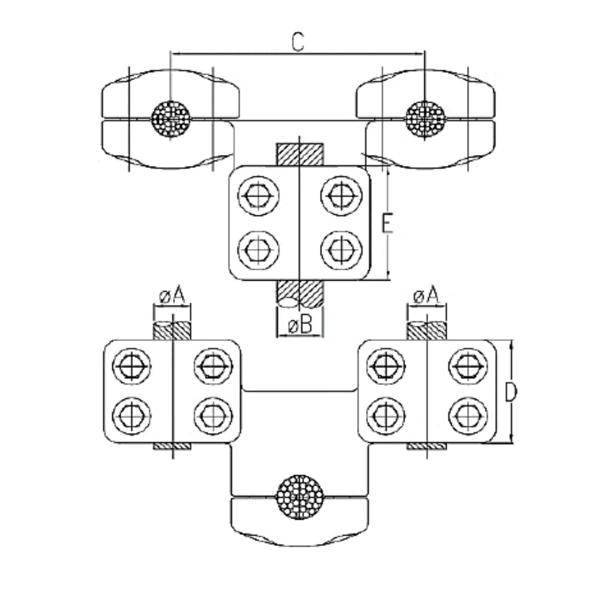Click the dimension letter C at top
[297, 42]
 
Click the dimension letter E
[387, 224]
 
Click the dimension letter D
[510, 392]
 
